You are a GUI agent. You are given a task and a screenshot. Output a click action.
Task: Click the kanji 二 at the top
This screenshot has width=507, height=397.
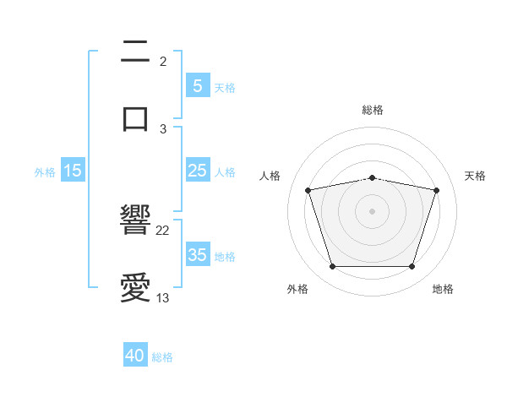point(135,52)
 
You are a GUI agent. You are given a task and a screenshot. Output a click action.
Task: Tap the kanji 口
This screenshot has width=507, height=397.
point(135,117)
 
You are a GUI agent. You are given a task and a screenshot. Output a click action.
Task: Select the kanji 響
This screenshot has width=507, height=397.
point(135,221)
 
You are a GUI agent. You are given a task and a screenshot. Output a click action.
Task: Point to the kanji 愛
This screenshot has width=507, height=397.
point(135,288)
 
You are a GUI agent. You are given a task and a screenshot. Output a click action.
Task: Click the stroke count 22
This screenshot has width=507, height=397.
point(163,231)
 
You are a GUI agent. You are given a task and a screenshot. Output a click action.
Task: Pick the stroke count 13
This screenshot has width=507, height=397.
point(163,297)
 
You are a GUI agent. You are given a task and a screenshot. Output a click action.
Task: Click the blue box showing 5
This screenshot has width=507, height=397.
point(197,86)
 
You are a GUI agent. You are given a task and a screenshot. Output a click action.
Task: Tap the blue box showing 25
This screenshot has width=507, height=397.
point(197,171)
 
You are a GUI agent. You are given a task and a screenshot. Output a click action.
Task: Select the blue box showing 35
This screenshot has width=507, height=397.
point(197,255)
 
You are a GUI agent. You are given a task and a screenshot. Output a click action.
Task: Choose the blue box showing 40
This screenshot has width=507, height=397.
point(135,356)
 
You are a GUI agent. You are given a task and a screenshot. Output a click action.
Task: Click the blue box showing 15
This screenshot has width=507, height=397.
point(73,171)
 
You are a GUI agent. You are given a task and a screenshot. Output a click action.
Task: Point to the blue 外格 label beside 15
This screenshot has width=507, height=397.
point(45,171)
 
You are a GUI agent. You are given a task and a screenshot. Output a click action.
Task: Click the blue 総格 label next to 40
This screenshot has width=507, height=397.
point(162,357)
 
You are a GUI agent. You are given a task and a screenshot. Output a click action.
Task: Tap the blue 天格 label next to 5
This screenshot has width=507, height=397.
point(225,87)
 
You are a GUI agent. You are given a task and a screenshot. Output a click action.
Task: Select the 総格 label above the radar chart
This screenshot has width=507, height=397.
point(373,110)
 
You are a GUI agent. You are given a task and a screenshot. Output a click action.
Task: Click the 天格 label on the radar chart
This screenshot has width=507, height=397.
point(476,176)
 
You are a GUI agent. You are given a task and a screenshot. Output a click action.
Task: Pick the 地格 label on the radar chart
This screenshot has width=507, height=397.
point(443,289)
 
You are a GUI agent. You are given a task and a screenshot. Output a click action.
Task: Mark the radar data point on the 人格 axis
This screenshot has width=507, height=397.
point(308,190)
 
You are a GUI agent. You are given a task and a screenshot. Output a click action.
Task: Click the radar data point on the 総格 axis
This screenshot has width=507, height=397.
point(373,177)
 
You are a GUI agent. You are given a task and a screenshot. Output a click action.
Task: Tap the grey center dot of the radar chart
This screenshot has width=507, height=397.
point(373,211)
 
